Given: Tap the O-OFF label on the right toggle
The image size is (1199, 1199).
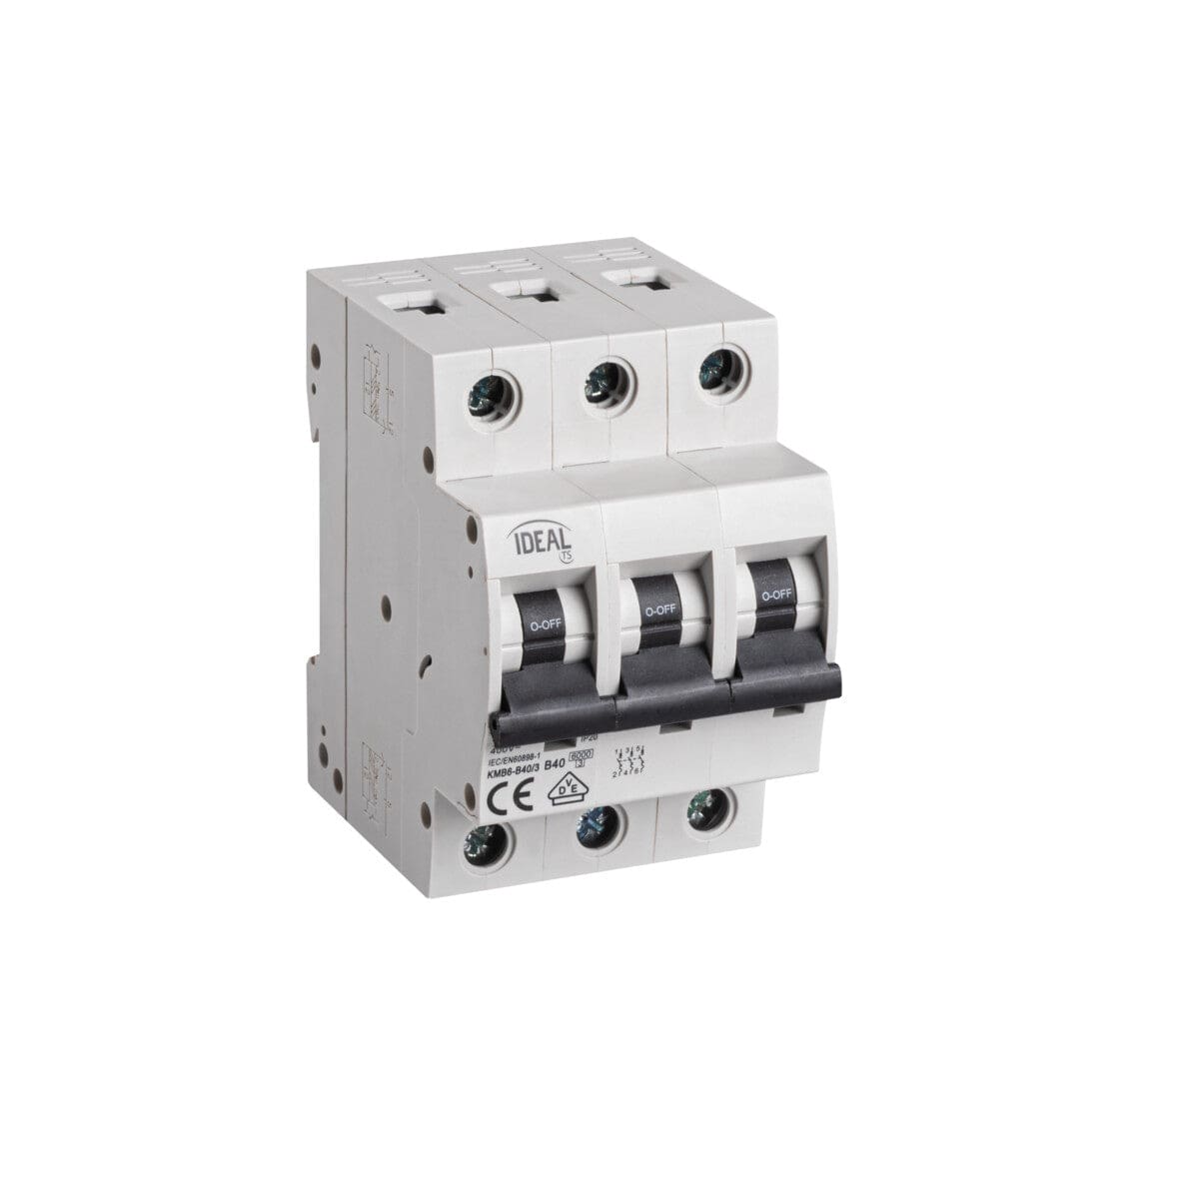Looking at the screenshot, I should (x=776, y=595).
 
